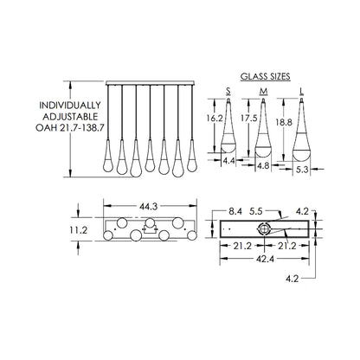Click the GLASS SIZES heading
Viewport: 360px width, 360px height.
(266, 77)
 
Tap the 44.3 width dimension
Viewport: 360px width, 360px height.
(149, 207)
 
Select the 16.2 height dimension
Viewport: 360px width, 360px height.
(215, 118)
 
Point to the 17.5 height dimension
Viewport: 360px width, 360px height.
(249, 118)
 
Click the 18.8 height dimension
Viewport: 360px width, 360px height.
(284, 122)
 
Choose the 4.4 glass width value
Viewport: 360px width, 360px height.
(229, 161)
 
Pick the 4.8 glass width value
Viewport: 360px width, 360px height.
(263, 166)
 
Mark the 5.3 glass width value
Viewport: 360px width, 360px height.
(302, 170)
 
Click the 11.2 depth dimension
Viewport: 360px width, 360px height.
(78, 230)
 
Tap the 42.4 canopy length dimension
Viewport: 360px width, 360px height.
(265, 259)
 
